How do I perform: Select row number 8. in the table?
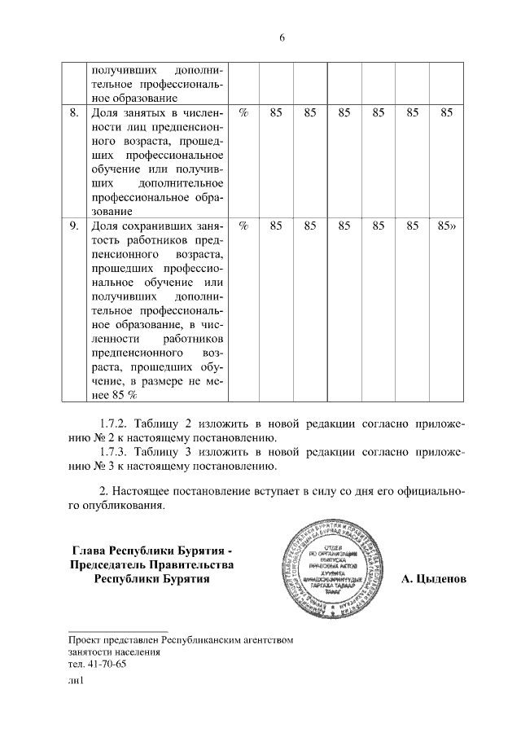click(74, 114)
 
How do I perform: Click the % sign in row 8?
click(243, 114)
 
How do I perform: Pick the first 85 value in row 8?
click(276, 114)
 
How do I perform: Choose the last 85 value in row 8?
click(446, 114)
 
